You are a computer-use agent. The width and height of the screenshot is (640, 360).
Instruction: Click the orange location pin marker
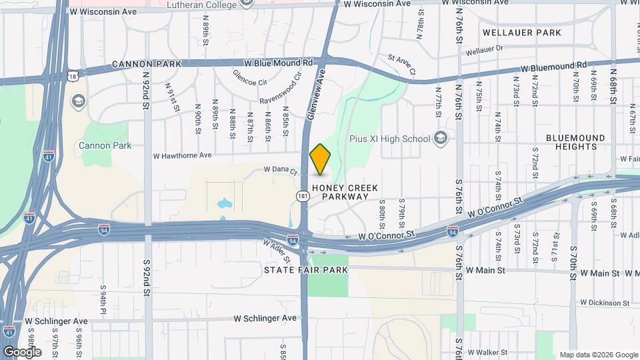click(321, 159)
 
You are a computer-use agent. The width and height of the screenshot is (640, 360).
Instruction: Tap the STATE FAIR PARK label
click(306, 270)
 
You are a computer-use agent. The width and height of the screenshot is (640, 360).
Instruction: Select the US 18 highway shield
click(73, 77)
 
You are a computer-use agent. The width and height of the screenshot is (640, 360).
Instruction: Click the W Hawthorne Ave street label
click(182, 155)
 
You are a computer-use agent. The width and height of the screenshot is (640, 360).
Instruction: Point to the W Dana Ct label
click(280, 170)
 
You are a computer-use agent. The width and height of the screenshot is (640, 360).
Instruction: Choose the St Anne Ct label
click(401, 64)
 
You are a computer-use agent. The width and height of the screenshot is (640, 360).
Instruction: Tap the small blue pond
click(223, 201)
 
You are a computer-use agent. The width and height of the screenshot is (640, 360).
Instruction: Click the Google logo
click(22, 351)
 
